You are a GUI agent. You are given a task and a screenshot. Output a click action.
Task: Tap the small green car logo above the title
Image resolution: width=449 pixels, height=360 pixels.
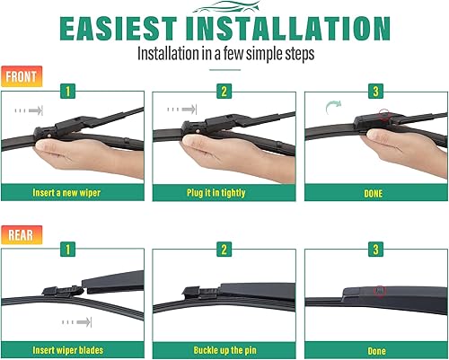coord(224,7)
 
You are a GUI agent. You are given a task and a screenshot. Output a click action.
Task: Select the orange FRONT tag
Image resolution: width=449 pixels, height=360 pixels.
coord(22,77)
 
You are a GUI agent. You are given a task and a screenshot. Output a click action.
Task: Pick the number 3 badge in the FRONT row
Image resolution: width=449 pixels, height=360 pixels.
coord(375,90)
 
